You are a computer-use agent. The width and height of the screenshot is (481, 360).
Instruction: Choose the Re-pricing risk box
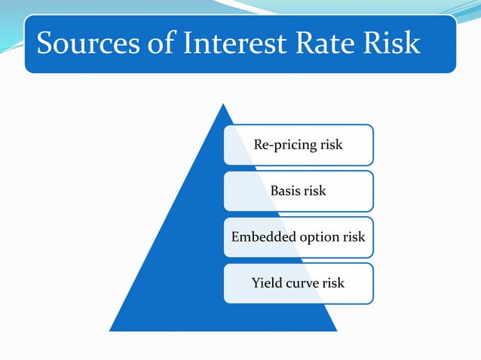(x=298, y=145)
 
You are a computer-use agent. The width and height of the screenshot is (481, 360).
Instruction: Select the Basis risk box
(x=298, y=191)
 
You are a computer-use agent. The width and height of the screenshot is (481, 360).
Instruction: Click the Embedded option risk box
(x=298, y=237)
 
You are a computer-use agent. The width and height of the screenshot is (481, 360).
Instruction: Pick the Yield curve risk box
(x=298, y=283)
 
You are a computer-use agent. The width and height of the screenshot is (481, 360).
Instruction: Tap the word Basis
(x=286, y=191)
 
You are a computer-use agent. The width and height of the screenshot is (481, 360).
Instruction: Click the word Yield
(x=265, y=283)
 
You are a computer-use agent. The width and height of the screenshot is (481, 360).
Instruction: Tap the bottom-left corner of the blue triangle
(x=111, y=331)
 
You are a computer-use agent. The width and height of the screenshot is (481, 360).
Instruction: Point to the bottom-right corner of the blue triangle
(x=335, y=331)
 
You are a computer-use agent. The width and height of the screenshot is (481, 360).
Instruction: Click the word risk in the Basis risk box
(x=315, y=191)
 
